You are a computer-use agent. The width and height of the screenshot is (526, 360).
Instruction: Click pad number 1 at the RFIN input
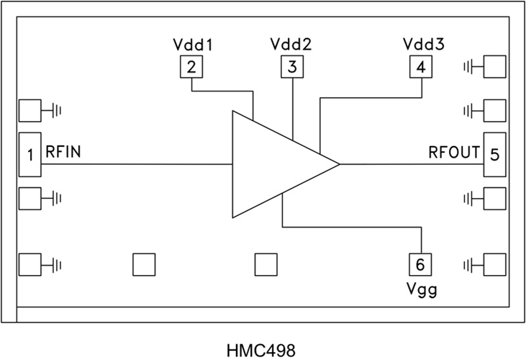30,153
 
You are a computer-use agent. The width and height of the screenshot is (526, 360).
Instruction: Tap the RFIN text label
63,153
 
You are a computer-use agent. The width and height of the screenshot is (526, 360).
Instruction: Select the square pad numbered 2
191,68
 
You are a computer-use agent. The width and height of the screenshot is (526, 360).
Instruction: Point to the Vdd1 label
192,45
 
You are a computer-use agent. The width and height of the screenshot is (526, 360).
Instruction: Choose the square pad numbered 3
291,68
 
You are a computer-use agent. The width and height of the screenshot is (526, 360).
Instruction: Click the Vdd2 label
291,45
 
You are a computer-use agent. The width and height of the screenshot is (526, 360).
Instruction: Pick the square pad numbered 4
420,68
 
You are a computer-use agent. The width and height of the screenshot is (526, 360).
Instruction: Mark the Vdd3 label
423,45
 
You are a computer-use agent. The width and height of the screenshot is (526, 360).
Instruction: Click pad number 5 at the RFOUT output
494,153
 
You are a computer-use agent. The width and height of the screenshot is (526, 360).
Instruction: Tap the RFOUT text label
454,153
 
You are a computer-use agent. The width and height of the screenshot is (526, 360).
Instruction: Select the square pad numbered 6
420,264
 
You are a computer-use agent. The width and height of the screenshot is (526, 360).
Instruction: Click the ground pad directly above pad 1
30,111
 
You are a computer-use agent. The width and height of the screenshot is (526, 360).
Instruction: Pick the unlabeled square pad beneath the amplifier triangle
266,264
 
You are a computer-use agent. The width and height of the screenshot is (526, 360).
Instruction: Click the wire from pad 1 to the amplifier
137,164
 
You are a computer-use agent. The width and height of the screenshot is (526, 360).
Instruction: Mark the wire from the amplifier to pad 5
410,164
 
